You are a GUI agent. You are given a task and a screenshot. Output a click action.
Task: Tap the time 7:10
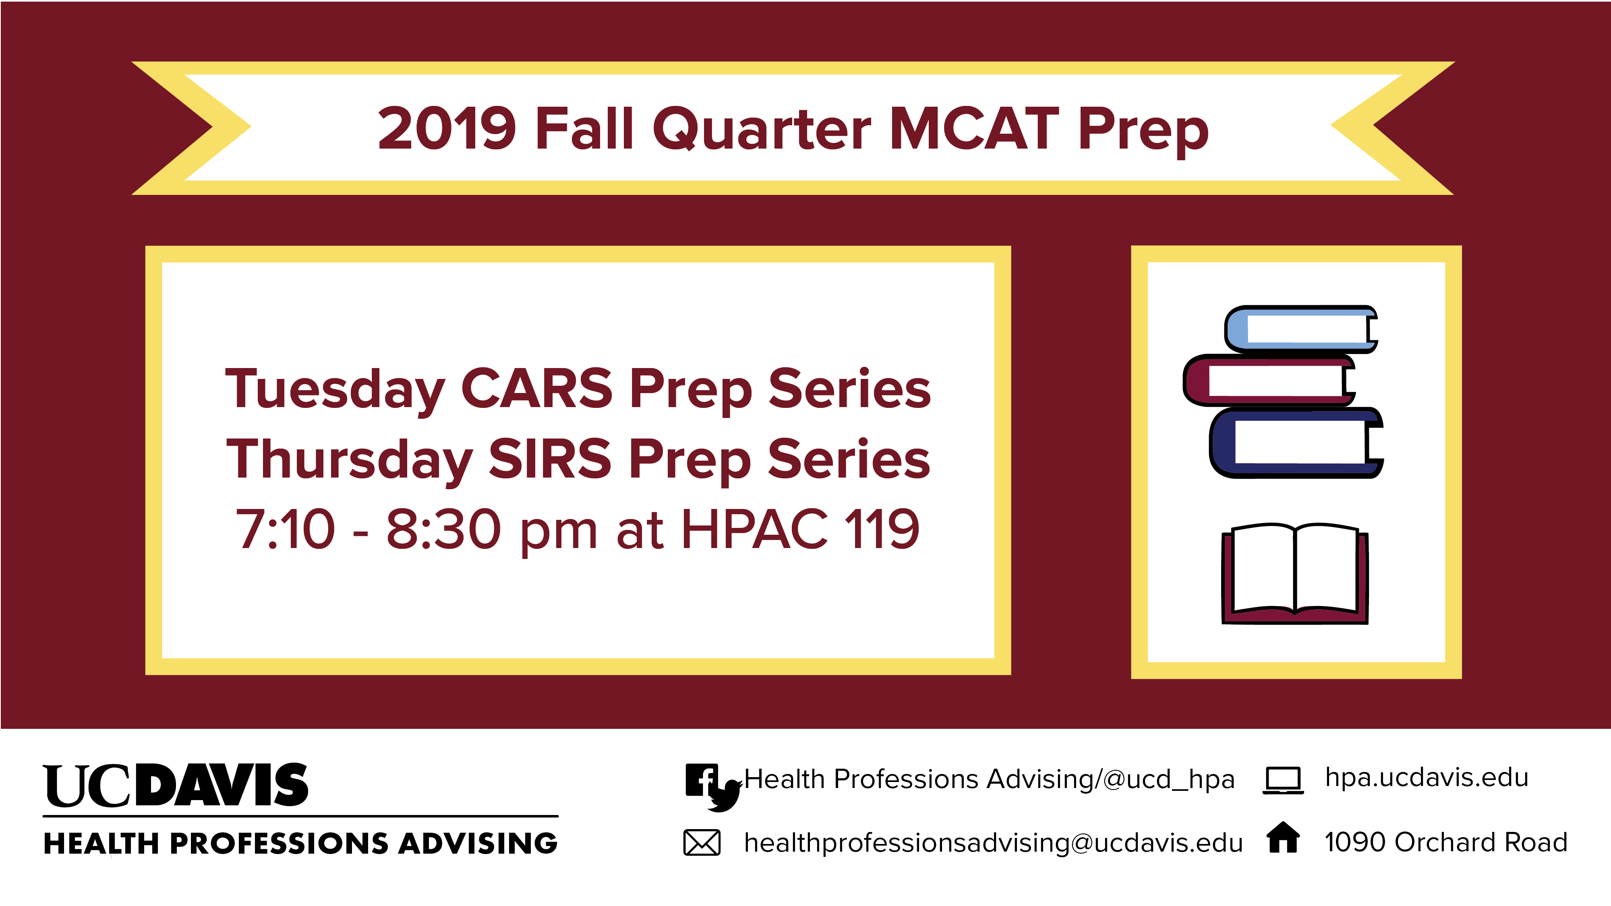(x=285, y=529)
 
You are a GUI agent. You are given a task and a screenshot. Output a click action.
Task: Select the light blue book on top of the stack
(x=1301, y=329)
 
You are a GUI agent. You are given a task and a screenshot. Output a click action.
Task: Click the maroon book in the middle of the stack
(x=1269, y=380)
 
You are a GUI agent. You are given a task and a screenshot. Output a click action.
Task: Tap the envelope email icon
(x=702, y=842)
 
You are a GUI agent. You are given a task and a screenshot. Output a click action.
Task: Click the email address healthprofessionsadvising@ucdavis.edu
(x=993, y=843)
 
